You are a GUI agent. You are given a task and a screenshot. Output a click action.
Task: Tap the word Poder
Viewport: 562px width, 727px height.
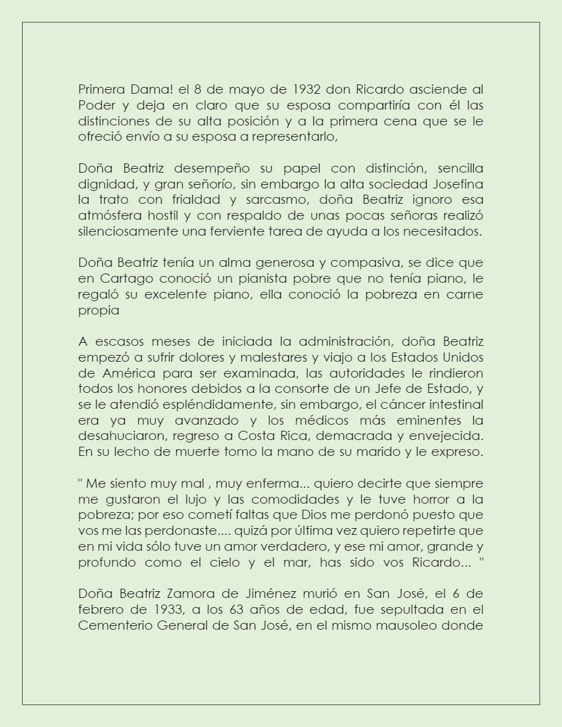95,105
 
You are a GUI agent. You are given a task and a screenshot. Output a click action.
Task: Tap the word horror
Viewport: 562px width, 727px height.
425,499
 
